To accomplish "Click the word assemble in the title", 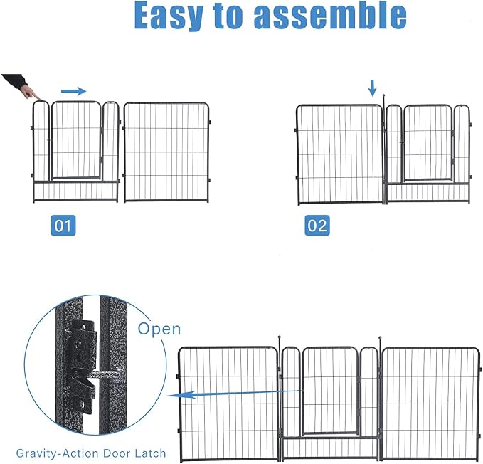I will pos(331,16).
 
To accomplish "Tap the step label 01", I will pos(63,226).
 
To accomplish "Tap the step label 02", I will pos(317,226).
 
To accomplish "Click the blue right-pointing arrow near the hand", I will pos(73,90).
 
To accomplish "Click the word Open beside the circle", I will pos(159,329).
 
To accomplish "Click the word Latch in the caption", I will pos(151,453).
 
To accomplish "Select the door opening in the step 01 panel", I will pos(75,141).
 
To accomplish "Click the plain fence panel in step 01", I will pos(166,152).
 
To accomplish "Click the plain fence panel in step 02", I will pos(340,154).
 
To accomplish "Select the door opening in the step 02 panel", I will pos(428,144).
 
